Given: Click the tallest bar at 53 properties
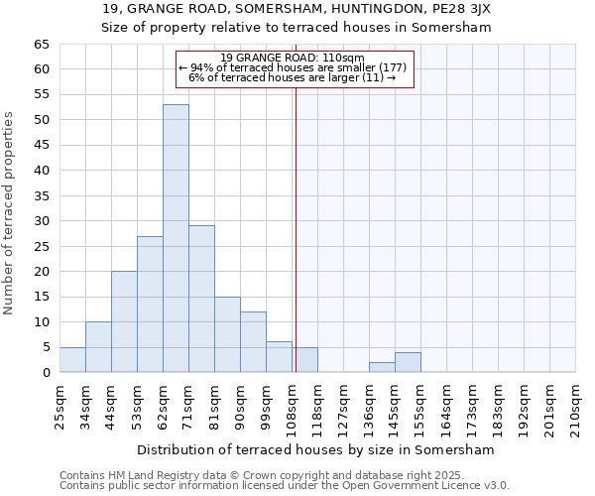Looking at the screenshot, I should (x=176, y=238).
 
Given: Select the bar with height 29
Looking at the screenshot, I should (x=201, y=299).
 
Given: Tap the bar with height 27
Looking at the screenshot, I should (x=150, y=304).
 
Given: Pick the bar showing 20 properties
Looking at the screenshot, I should (x=124, y=321).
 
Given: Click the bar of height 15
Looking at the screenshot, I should (x=227, y=334).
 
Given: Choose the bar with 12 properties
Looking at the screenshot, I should (x=253, y=342).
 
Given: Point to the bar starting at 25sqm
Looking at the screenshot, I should (x=72, y=360).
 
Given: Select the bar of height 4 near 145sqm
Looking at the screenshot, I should (x=408, y=362).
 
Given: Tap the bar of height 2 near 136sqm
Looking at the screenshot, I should (x=382, y=367).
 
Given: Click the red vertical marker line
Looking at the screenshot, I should (x=296, y=228).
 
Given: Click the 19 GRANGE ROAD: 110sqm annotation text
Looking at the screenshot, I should (x=292, y=58).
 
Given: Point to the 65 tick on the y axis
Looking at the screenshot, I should (x=41, y=45).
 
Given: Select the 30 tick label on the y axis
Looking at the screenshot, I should (x=41, y=221).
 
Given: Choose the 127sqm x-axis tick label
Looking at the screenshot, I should (x=343, y=405).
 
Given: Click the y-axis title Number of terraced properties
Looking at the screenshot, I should (x=10, y=212).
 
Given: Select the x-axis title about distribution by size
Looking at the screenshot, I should (x=314, y=449).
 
